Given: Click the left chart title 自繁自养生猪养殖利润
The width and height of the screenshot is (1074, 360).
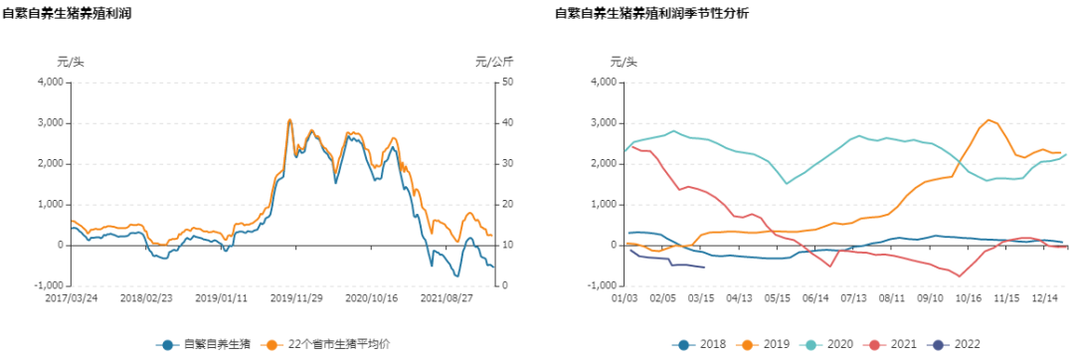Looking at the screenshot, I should tap(67, 14).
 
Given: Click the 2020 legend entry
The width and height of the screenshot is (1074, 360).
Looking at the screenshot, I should tap(828, 345).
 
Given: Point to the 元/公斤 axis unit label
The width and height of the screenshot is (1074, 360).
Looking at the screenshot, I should tap(494, 63).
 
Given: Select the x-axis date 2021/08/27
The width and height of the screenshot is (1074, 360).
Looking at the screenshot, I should tap(446, 297).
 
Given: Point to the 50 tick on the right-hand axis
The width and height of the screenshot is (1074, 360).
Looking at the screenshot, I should tap(506, 83).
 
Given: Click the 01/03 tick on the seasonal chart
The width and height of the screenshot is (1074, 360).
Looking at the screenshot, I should tap(624, 297).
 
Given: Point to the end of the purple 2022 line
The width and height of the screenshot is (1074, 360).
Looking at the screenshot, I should tap(705, 268).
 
